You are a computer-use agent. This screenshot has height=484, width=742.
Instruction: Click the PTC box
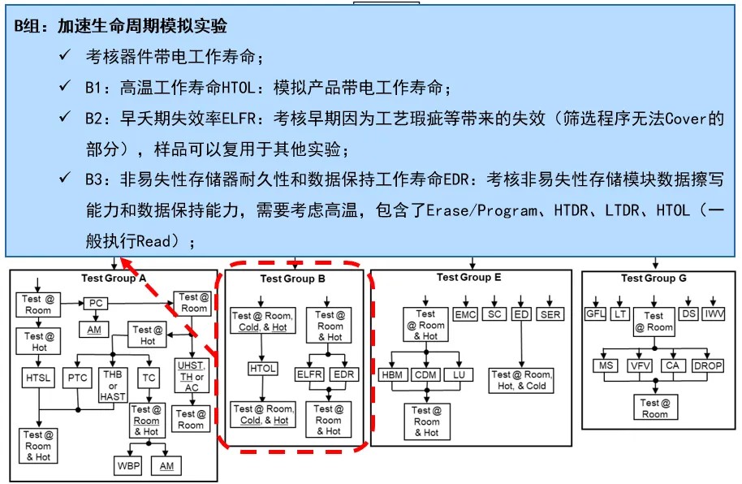point(77,378)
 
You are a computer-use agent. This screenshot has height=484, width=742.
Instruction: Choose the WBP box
point(127,465)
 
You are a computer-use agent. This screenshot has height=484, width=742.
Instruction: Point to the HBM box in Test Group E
point(394,374)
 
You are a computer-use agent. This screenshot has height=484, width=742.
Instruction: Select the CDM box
point(425,374)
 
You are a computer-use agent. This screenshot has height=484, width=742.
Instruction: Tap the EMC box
point(465,314)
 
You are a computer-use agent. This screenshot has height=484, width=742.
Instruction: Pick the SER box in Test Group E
point(549,314)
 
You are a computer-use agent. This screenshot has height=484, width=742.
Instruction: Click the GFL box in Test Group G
point(597,314)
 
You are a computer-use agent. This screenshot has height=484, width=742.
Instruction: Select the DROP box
point(708,366)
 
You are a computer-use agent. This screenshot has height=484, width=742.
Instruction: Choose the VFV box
point(638,366)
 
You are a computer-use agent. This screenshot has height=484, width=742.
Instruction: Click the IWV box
point(715,314)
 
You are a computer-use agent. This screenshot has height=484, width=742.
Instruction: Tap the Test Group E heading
point(468,277)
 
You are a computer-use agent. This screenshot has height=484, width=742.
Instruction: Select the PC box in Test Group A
point(96,303)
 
